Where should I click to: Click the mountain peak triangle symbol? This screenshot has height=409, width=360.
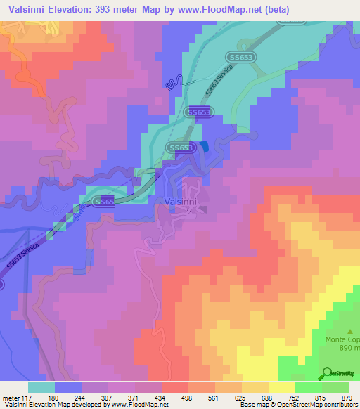350,329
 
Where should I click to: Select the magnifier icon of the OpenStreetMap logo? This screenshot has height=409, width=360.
326,374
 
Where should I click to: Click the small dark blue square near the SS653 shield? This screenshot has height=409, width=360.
204,145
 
